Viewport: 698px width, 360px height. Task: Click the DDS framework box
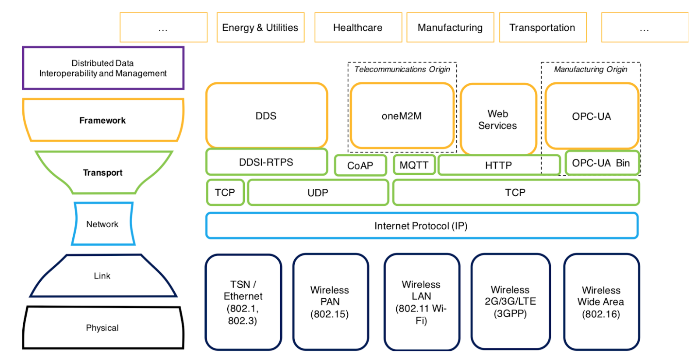coord(266,116)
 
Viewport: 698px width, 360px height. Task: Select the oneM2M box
coord(402,116)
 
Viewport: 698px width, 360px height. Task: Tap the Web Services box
coord(498,120)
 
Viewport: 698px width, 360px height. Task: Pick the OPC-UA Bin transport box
coord(601,163)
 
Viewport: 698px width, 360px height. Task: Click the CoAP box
coord(360,166)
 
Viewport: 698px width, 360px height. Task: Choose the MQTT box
coord(414,165)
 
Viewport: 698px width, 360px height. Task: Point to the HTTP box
coord(498,165)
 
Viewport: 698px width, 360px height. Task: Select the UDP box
coord(318,193)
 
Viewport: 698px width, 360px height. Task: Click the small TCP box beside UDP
coord(225,193)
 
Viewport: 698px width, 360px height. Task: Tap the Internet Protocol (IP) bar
coord(421,226)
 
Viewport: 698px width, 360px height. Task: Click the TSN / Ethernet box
coord(243,302)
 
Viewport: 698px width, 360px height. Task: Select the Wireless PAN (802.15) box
coord(330,302)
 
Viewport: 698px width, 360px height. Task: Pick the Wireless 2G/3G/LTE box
coord(510,302)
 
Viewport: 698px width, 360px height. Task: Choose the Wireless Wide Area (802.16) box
coord(601,302)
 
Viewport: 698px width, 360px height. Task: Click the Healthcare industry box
coord(358,28)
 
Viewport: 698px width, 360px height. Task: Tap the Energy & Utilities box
coord(260,28)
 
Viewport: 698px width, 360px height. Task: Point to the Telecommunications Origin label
coord(402,69)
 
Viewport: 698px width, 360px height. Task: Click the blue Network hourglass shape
coord(102,224)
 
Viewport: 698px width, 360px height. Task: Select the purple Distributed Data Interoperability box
coord(103,68)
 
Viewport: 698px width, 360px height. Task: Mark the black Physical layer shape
coord(102,328)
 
